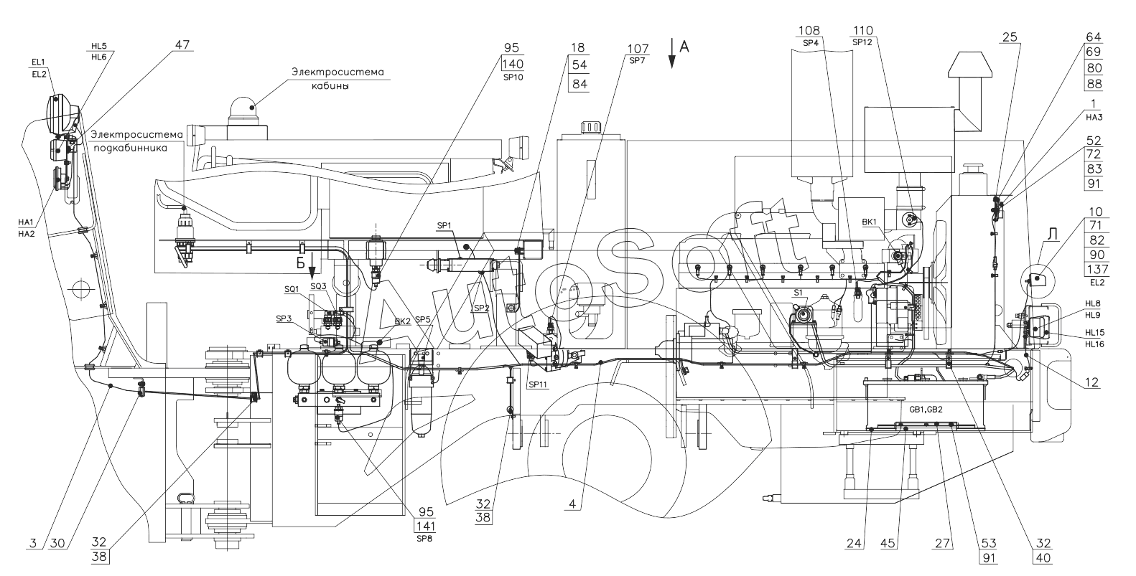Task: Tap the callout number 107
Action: [638, 49]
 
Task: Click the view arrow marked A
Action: [684, 47]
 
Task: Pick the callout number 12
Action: [1092, 383]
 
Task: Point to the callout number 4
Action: [572, 504]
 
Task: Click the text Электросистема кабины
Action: [337, 78]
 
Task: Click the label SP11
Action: [537, 384]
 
